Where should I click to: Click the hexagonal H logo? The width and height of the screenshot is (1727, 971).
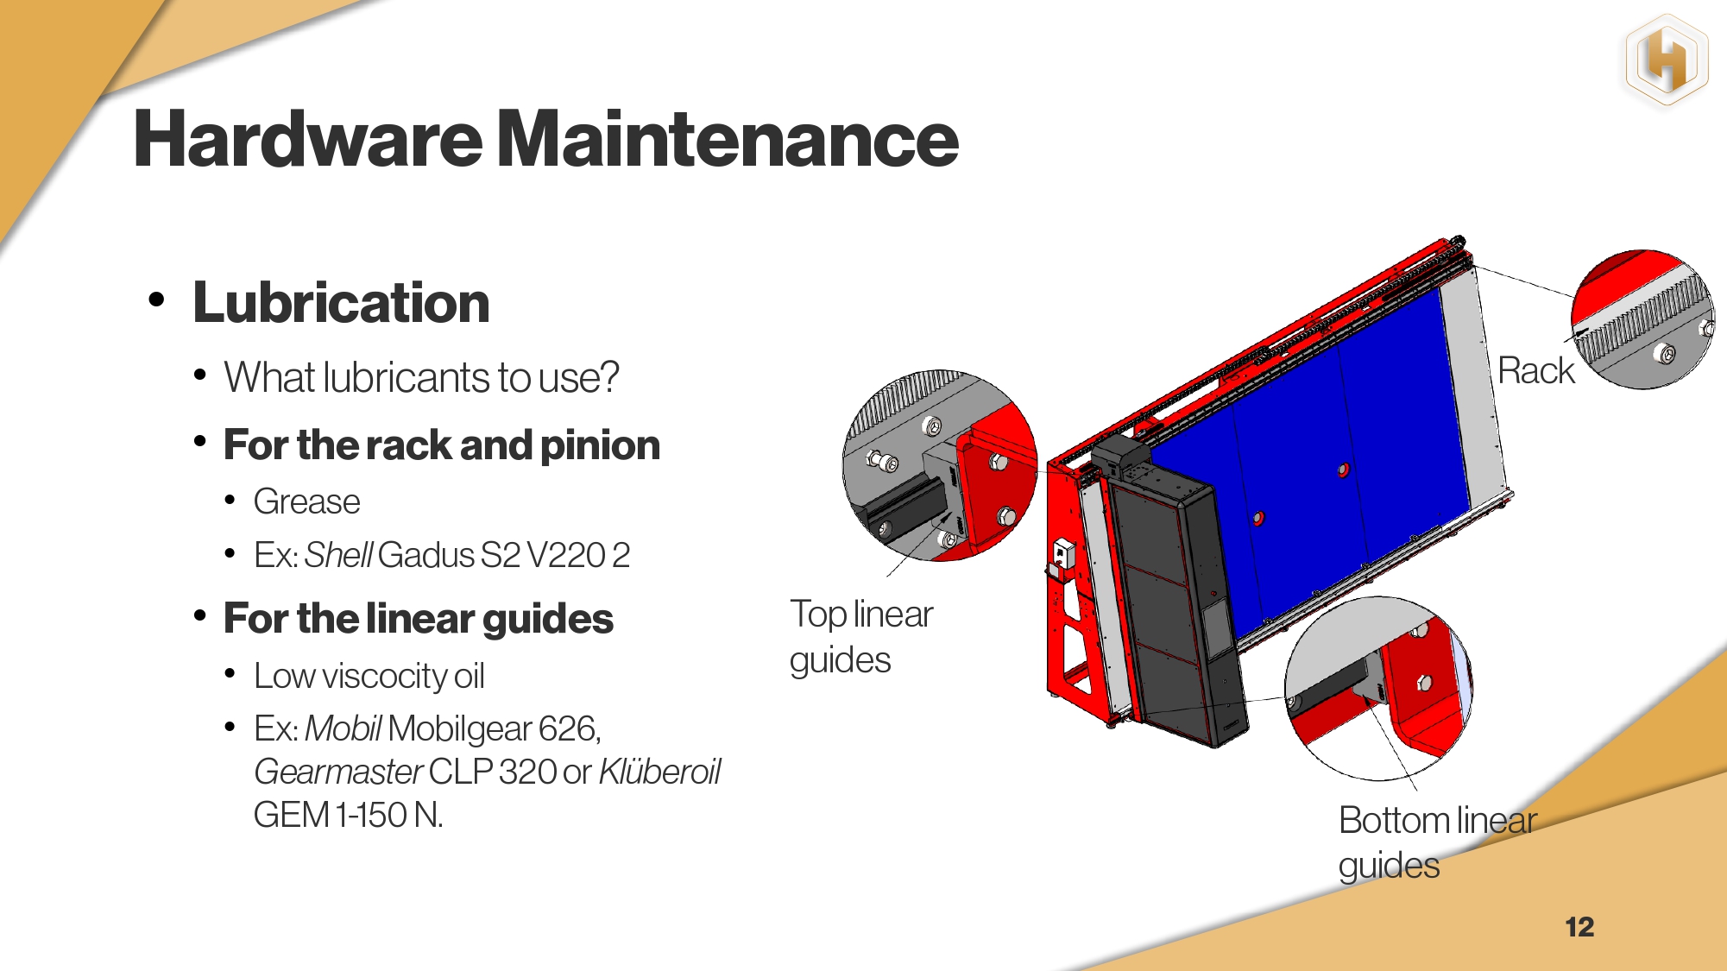pyautogui.click(x=1667, y=61)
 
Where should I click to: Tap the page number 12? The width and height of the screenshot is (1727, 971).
pyautogui.click(x=1579, y=927)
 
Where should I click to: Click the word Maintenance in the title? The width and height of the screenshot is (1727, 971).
pyautogui.click(x=728, y=139)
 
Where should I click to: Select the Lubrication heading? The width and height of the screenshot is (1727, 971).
pyautogui.click(x=341, y=303)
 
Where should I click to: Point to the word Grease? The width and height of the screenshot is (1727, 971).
pyautogui.click(x=306, y=501)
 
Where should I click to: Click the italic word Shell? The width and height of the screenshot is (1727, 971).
pyautogui.click(x=338, y=555)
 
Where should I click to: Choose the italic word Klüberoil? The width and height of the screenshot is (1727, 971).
pyautogui.click(x=659, y=772)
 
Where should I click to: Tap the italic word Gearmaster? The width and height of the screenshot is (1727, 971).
pyautogui.click(x=338, y=772)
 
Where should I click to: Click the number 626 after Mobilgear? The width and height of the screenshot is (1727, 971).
pyautogui.click(x=569, y=729)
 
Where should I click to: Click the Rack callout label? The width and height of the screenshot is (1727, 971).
pyautogui.click(x=1536, y=371)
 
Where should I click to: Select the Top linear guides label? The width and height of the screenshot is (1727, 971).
pyautogui.click(x=861, y=637)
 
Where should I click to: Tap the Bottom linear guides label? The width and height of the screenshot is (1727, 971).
pyautogui.click(x=1438, y=842)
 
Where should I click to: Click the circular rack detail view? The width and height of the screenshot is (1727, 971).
pyautogui.click(x=1642, y=319)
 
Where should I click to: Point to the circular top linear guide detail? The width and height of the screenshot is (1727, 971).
pyautogui.click(x=940, y=466)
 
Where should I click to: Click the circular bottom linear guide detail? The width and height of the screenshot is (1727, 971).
pyautogui.click(x=1378, y=689)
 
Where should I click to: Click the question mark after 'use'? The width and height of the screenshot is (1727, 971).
pyautogui.click(x=609, y=378)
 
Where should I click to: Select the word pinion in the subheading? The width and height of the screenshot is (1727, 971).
pyautogui.click(x=600, y=446)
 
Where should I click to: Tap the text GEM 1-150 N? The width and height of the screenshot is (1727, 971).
pyautogui.click(x=349, y=815)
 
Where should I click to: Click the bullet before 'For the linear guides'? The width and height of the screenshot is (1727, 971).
pyautogui.click(x=200, y=616)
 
